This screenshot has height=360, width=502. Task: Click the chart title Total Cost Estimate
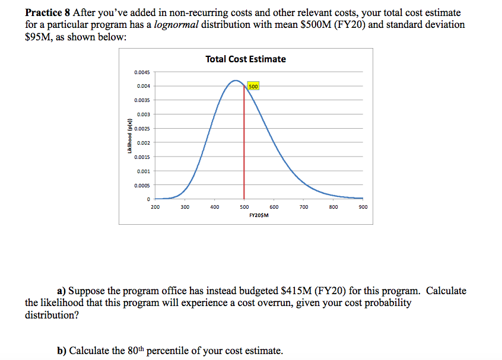(245, 59)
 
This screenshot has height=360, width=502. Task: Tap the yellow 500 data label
(253, 86)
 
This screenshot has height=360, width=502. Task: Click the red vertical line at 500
(244, 148)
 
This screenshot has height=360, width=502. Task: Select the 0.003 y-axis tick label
(143, 114)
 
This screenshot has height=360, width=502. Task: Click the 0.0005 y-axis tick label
(142, 185)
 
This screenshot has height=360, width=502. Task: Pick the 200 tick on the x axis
(155, 207)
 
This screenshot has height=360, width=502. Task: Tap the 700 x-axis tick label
(304, 207)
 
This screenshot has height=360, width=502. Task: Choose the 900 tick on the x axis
(363, 207)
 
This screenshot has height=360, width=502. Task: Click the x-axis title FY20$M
(259, 215)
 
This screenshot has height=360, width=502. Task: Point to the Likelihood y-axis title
(129, 136)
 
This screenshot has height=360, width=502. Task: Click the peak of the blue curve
(236, 80)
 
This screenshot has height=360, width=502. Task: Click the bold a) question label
(61, 291)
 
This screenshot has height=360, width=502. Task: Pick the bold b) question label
(61, 350)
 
